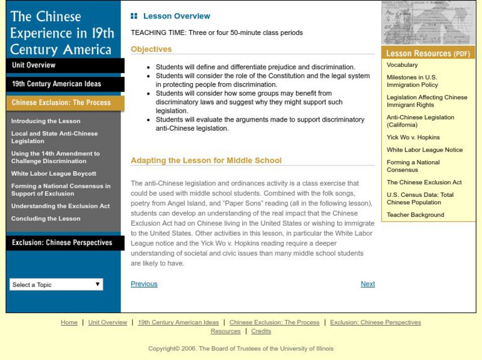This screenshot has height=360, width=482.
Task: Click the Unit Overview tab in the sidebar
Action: (x=34, y=65)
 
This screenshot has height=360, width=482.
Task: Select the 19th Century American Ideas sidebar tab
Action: (x=57, y=84)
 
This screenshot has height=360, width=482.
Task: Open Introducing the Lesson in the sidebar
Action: (x=46, y=121)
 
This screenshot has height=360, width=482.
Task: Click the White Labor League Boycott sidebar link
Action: (x=54, y=173)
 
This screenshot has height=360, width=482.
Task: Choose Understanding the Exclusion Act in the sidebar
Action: (x=60, y=206)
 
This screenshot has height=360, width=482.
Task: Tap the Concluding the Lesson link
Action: (x=46, y=219)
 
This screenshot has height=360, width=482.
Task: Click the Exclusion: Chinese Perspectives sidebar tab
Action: (x=62, y=243)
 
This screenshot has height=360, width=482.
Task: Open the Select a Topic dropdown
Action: (x=56, y=285)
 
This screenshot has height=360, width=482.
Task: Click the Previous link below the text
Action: (x=144, y=284)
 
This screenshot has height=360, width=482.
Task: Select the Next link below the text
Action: (x=368, y=284)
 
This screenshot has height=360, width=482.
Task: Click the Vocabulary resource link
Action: (x=402, y=65)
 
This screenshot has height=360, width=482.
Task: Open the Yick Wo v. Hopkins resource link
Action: (x=413, y=137)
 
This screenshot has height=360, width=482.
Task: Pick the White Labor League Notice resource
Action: (x=425, y=150)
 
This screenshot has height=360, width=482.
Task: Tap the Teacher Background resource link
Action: (x=415, y=215)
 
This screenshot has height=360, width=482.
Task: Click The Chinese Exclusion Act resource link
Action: (x=424, y=182)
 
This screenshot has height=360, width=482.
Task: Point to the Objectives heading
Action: (x=151, y=49)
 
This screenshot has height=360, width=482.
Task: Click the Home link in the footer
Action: (x=69, y=323)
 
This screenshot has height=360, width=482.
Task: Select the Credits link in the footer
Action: (x=261, y=331)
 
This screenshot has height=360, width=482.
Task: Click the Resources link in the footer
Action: (x=225, y=331)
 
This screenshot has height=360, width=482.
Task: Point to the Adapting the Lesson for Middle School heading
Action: (x=206, y=161)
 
